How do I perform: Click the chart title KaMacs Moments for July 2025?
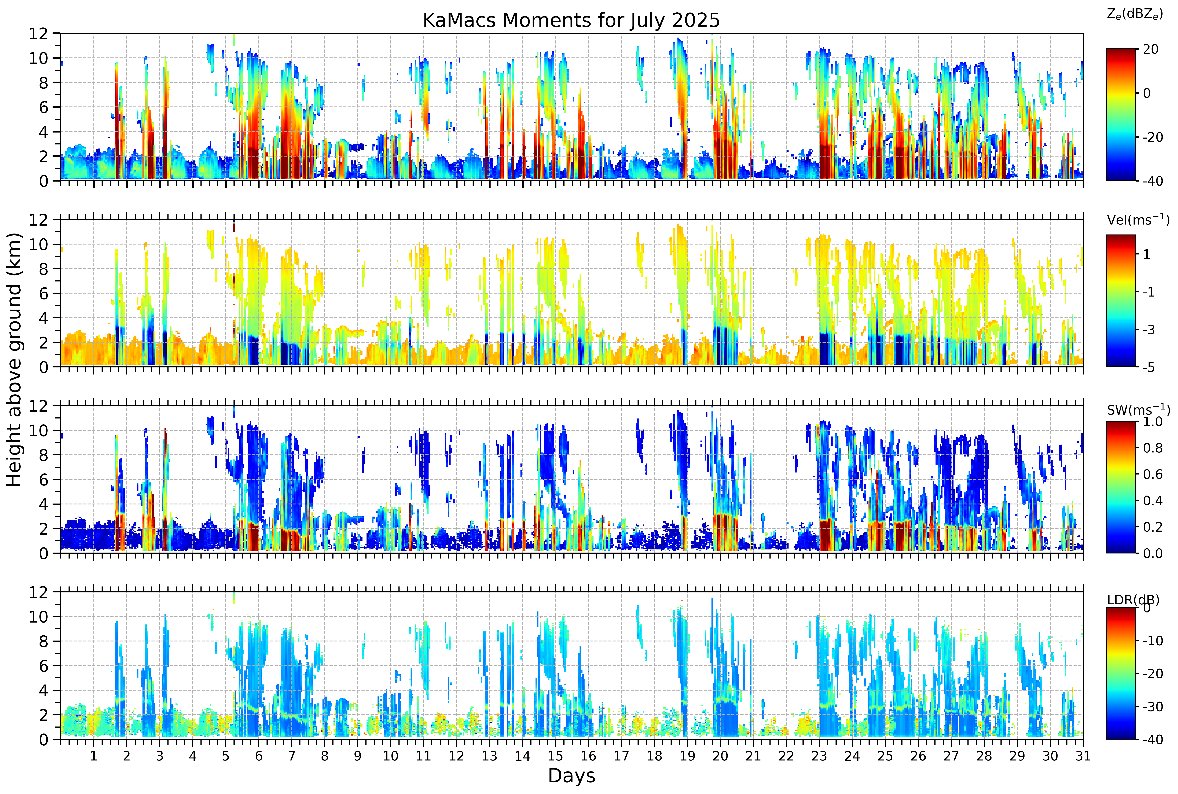(571, 20)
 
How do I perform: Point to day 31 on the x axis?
(1083, 756)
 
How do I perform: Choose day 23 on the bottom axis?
(819, 756)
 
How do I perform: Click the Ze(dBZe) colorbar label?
(1134, 14)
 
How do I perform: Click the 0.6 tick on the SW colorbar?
(1152, 475)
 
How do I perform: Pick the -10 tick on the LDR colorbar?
(1153, 641)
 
